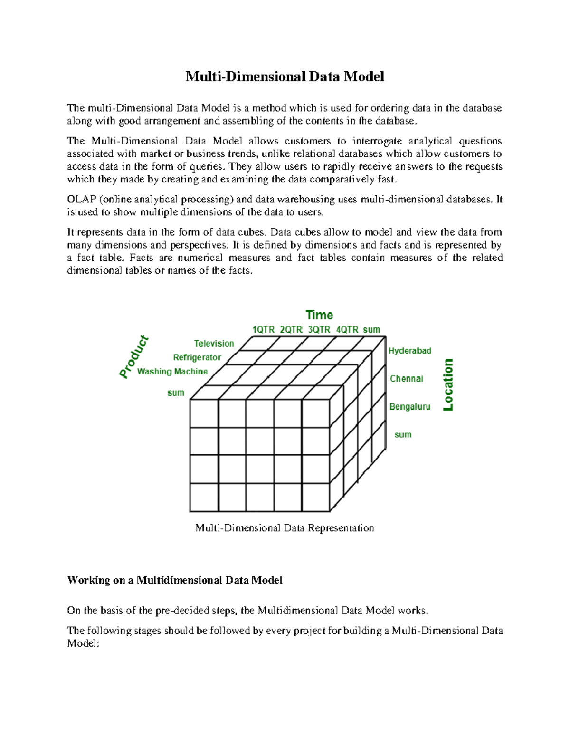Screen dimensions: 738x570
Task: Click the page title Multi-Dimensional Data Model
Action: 285,77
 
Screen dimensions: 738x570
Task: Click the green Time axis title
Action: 319,315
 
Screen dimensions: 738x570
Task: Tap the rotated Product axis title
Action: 134,357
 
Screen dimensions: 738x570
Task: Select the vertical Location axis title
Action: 448,384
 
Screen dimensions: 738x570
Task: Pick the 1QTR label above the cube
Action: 263,330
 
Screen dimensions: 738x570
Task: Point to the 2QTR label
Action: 291,330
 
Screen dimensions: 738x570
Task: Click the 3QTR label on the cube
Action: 319,330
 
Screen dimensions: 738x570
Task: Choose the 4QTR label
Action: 347,330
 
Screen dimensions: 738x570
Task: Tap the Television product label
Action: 214,344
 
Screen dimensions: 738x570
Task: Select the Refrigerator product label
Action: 197,357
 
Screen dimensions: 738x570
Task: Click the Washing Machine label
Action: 172,372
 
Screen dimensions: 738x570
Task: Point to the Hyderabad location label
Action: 410,351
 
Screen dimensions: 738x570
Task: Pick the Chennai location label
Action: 406,379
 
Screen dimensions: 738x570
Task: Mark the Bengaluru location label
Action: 409,407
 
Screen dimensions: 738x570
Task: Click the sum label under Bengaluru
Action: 403,435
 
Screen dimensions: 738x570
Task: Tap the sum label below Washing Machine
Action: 175,393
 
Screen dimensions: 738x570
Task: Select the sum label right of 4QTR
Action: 371,330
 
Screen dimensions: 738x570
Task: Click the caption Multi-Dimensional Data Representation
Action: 285,528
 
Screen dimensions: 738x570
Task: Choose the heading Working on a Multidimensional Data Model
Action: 175,580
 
